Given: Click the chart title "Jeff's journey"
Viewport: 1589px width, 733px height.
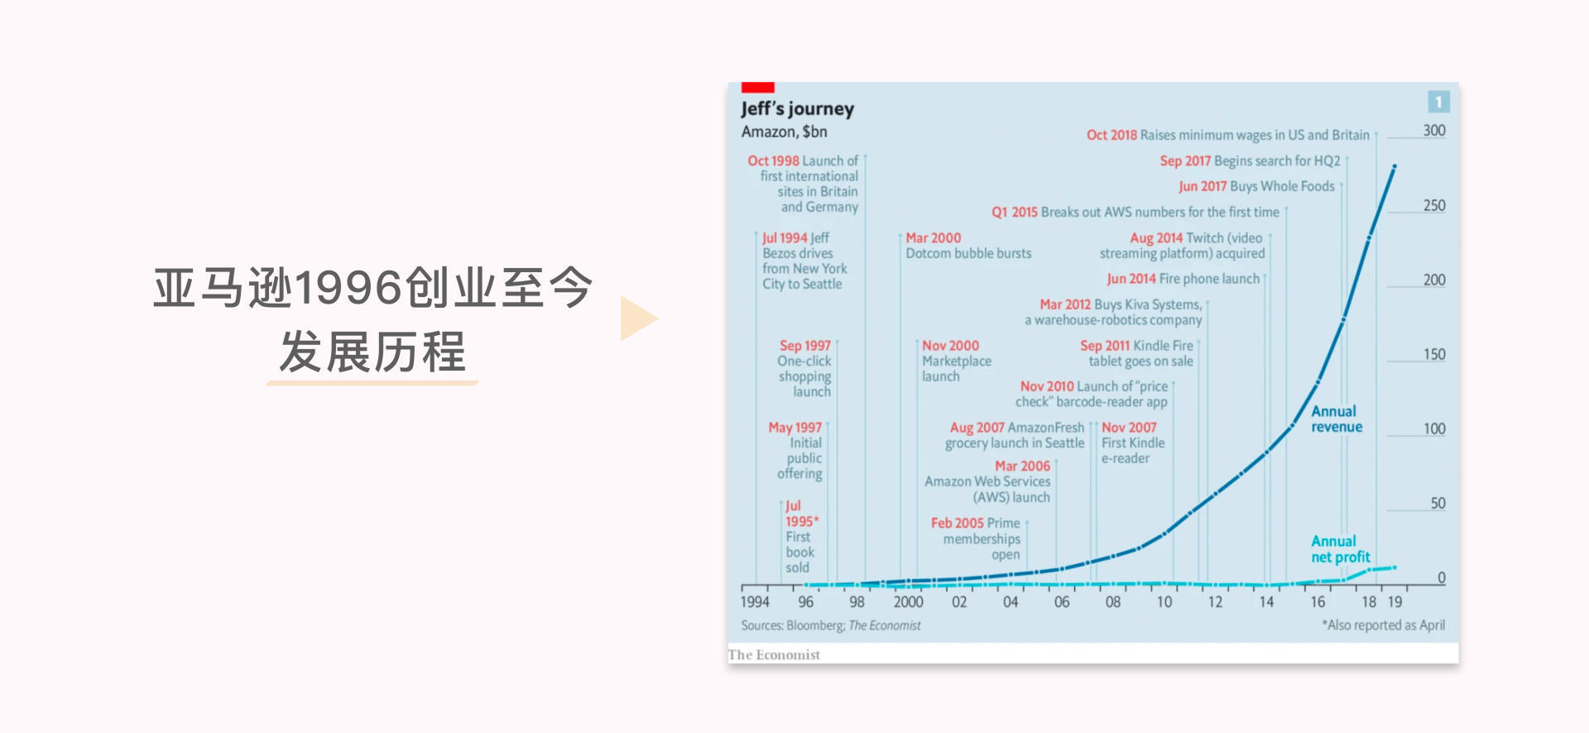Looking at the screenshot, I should (797, 108).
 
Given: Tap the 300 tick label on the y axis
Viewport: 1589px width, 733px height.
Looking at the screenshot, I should (1434, 131).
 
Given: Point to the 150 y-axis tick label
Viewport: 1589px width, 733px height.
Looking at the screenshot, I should (1434, 354).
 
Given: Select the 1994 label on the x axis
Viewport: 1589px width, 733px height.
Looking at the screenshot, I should (755, 602).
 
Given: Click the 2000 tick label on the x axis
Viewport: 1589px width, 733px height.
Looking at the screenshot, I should (908, 602).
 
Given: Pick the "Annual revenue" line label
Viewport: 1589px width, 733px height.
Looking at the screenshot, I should (1336, 419).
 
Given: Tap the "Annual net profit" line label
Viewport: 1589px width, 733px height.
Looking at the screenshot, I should (1340, 549).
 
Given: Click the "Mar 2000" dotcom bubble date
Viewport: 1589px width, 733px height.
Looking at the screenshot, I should (934, 238).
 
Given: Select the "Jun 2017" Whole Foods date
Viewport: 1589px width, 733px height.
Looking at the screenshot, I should (1202, 187).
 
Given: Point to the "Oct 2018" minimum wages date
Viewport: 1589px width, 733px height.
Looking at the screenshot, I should (1111, 135).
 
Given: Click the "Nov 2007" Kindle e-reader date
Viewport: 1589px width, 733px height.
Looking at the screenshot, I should (1129, 428).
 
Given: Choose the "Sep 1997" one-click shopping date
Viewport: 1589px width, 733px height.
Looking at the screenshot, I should (804, 346).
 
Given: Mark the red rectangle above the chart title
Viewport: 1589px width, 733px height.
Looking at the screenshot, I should (757, 87).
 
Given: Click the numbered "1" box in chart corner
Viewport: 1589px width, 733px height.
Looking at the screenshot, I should (1438, 102).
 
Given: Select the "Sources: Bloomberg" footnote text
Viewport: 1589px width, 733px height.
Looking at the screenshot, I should (830, 625).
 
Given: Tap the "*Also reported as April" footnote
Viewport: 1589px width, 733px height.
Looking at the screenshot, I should (1383, 625).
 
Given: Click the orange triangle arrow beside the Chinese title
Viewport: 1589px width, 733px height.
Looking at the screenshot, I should (637, 319).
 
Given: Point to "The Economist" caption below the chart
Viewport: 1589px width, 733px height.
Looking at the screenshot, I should (774, 654).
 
